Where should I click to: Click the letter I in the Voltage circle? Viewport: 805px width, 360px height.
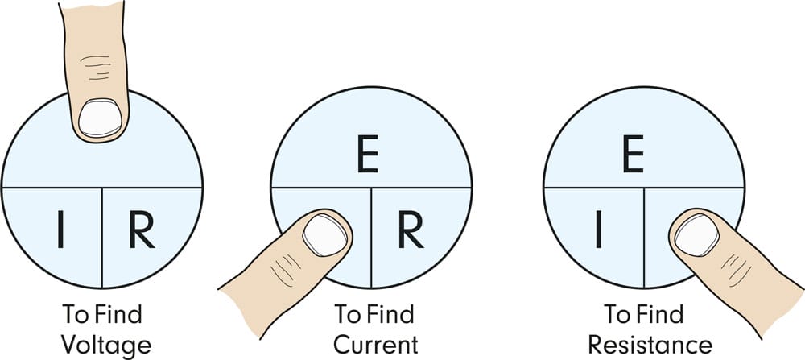point(60,230)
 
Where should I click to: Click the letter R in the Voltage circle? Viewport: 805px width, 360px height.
point(142,230)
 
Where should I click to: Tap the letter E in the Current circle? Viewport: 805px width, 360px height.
point(368,154)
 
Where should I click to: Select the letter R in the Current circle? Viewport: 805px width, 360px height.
point(411,230)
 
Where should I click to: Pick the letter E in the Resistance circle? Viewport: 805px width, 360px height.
point(634,154)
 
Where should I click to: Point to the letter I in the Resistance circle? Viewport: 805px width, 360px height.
point(599,230)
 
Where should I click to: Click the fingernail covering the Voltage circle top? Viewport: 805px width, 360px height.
point(100,118)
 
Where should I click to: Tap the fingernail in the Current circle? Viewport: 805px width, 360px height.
point(325,235)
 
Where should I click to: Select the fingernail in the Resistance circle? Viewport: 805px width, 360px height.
point(696,235)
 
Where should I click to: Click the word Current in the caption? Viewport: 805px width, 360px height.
point(376,345)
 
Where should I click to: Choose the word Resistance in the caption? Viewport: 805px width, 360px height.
point(650,345)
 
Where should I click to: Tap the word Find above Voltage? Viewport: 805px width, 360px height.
point(118,314)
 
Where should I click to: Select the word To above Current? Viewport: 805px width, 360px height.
point(347,314)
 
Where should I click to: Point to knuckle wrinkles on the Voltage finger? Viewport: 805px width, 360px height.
point(96,67)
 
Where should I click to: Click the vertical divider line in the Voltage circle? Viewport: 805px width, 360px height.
point(102,238)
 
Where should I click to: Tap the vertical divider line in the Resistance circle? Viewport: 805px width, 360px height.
point(644,238)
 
